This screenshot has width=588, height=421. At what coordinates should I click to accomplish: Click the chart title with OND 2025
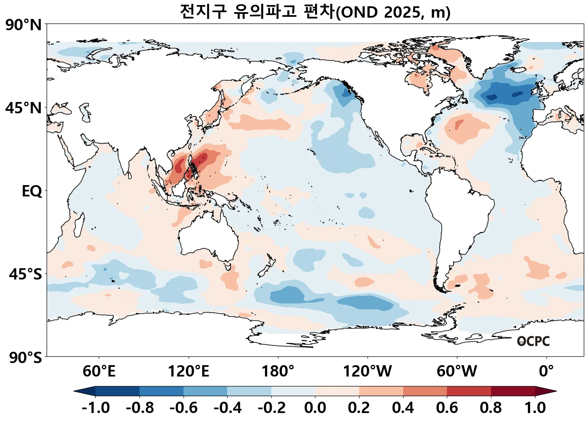(x=315, y=11)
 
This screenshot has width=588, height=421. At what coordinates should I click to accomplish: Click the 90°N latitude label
(x=24, y=25)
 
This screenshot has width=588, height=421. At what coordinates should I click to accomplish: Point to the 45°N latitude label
(x=24, y=108)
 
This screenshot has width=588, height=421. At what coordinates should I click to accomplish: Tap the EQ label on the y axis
(x=32, y=191)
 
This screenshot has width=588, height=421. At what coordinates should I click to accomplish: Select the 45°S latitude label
(x=25, y=274)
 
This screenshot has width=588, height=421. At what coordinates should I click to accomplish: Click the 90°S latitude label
(x=25, y=358)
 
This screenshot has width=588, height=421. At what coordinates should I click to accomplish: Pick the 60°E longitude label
(x=99, y=371)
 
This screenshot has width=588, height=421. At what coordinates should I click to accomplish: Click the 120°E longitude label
(x=188, y=371)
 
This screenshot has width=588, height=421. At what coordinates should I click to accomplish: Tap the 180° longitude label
(x=278, y=371)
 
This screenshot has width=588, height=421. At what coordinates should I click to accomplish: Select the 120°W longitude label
(x=367, y=371)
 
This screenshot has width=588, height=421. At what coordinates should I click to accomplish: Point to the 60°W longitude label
(x=457, y=371)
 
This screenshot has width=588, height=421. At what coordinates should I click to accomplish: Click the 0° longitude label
(x=546, y=371)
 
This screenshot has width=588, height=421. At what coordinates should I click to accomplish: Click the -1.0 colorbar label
(x=95, y=408)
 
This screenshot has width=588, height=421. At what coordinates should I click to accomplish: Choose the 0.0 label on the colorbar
(x=315, y=408)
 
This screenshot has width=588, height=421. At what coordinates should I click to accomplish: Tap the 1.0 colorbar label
(x=535, y=408)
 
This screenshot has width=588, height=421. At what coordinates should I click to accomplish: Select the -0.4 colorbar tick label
(x=227, y=408)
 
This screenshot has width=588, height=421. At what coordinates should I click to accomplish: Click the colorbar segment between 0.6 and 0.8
(x=469, y=391)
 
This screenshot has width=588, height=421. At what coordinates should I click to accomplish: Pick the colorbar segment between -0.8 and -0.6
(x=161, y=391)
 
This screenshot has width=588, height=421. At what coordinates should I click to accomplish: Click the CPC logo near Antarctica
(x=533, y=341)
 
